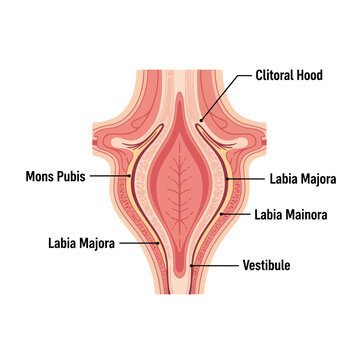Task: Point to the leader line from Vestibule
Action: pos(215,267)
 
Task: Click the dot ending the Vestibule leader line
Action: pos(191,267)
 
